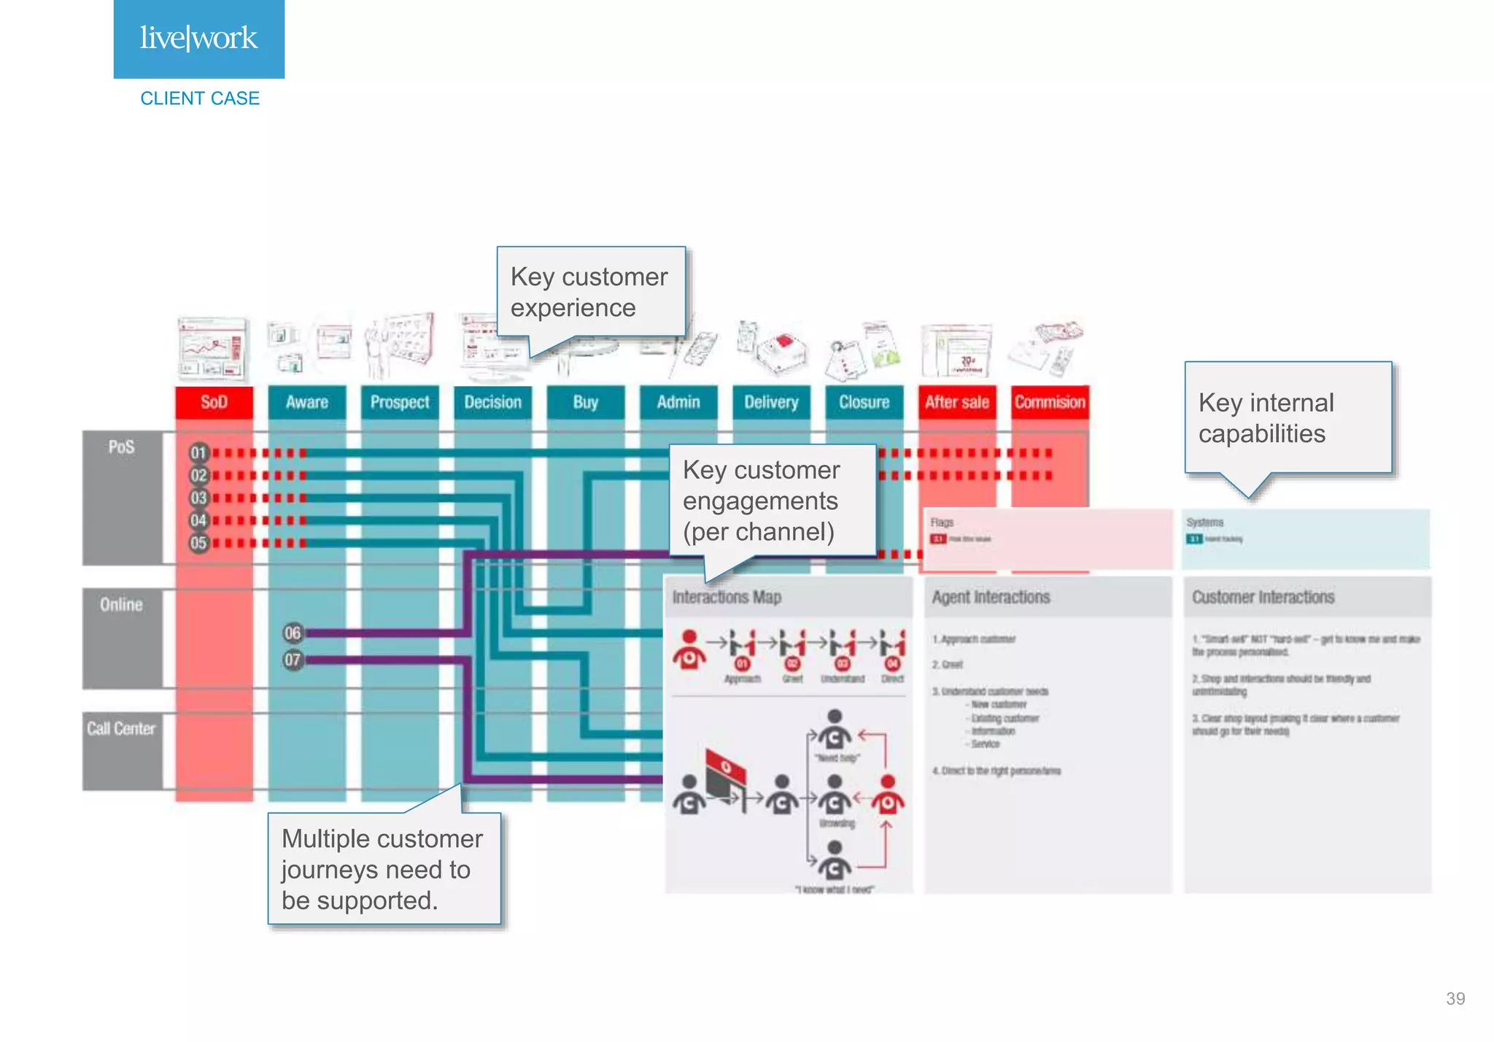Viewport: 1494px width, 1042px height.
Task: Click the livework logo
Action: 198,39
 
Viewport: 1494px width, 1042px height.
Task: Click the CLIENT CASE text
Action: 200,99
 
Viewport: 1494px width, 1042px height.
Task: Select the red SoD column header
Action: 214,402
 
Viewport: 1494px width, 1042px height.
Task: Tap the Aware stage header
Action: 306,402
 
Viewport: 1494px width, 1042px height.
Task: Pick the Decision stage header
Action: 492,402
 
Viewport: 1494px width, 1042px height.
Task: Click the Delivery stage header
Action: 771,402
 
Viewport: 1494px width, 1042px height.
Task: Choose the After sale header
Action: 956,402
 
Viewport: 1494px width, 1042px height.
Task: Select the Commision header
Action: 1050,402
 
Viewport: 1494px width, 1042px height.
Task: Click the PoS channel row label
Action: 121,447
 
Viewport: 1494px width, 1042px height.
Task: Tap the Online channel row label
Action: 121,604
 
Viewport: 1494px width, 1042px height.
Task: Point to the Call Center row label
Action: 121,728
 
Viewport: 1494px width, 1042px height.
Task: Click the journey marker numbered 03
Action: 198,498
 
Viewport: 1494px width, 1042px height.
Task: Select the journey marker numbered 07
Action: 293,660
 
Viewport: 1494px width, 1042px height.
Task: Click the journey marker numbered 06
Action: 293,633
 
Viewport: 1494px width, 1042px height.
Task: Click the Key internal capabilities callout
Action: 1288,418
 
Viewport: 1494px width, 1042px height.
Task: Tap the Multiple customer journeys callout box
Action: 384,869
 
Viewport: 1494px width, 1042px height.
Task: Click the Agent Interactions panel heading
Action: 991,597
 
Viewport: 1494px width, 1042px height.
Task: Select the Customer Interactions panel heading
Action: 1263,597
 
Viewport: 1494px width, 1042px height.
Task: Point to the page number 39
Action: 1455,998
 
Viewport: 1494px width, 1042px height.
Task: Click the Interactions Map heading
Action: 727,597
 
